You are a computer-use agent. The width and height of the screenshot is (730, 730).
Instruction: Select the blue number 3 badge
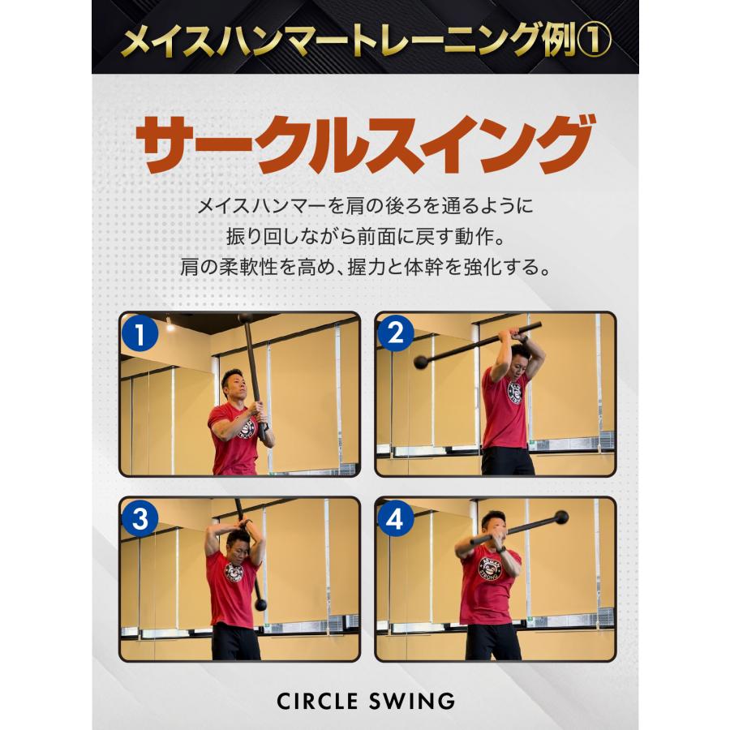(140, 520)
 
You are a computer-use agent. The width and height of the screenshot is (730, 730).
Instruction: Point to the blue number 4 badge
(396, 520)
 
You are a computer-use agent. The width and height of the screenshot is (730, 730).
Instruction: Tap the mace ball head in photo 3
(261, 603)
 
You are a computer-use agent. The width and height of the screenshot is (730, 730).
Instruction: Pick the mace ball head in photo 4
(560, 517)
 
